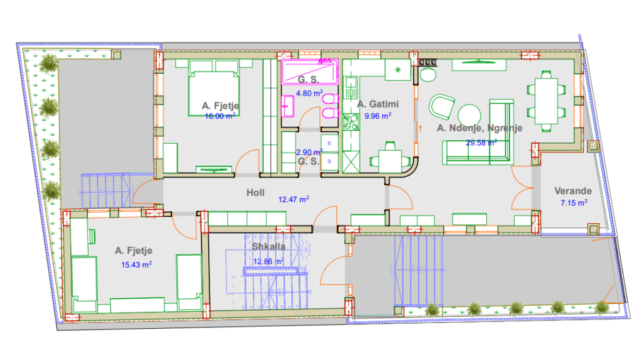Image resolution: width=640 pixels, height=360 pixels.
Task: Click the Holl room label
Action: click(256, 192)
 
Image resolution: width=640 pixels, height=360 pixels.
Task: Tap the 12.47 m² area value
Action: click(294, 199)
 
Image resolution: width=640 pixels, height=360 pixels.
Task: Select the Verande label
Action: click(573, 191)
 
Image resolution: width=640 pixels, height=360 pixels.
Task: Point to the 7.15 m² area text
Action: click(574, 203)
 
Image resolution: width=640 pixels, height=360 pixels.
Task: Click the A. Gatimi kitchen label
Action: click(378, 104)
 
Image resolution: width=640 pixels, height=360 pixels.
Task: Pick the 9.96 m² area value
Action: click(378, 116)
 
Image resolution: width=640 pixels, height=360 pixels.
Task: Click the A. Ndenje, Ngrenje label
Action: click(479, 128)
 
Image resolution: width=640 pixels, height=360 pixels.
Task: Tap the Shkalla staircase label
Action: click(269, 246)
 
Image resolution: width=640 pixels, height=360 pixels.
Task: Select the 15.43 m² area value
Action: click(136, 264)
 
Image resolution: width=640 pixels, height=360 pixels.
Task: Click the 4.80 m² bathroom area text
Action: click(309, 93)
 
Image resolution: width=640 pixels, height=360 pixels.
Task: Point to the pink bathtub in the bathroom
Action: click(310, 72)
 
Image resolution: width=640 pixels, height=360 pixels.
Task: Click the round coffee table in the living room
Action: click(469, 116)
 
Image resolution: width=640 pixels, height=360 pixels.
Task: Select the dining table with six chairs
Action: click(546, 101)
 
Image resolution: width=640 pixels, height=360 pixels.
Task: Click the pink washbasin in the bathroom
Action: click(287, 106)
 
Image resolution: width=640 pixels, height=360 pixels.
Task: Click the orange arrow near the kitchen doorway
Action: click(420, 129)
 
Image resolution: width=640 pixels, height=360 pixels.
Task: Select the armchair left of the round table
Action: click(441, 106)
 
